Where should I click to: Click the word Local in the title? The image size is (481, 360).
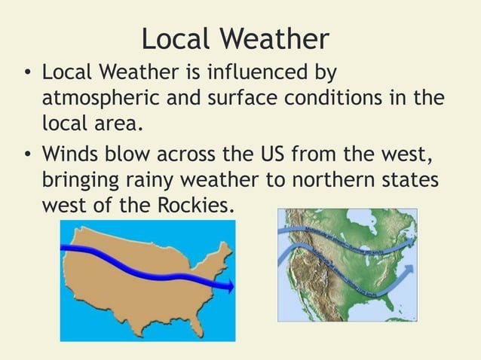(x=176, y=38)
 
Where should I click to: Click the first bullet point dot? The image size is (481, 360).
(x=27, y=75)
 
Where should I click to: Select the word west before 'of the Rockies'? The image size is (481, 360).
(x=66, y=205)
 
